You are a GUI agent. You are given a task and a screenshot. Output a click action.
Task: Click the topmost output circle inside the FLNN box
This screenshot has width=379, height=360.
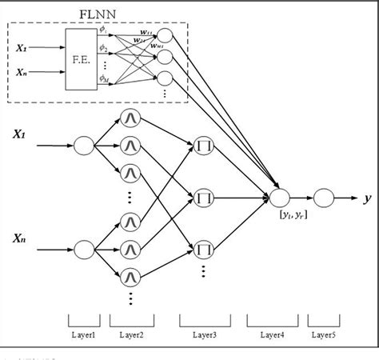click(165, 36)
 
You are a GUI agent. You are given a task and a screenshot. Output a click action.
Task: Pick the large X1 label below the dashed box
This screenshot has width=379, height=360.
click(17, 135)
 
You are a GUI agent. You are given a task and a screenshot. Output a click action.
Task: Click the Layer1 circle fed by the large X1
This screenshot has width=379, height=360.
click(85, 146)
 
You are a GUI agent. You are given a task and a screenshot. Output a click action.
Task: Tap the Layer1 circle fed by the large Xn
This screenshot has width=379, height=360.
click(85, 249)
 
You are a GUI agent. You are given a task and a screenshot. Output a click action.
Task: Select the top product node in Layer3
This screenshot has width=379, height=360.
click(203, 145)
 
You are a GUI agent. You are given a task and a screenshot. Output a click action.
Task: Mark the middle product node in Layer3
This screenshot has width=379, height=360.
click(203, 196)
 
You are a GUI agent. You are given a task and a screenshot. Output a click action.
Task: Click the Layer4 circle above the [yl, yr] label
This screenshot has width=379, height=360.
click(279, 196)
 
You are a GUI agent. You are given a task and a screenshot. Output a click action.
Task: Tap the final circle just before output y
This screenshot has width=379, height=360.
click(324, 196)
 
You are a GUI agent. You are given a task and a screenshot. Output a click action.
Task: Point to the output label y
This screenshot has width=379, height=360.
click(367, 196)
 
